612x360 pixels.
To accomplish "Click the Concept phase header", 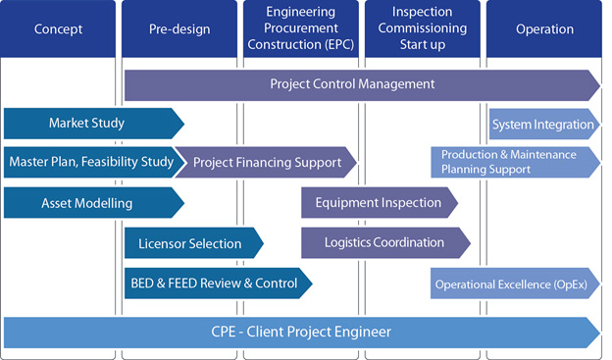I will [59, 29].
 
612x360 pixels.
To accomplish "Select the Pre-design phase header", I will [179, 29].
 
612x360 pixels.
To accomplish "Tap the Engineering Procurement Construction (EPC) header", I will [300, 29].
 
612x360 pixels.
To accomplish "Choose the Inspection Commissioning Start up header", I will [422, 29].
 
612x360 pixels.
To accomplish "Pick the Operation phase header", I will [543, 29].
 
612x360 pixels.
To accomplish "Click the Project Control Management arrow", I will [353, 84].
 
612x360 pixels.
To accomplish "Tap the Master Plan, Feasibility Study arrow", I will [90, 162].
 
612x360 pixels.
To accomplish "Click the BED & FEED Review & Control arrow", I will [214, 283].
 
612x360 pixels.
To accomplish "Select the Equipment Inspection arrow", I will [378, 203].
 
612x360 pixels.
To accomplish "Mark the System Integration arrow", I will [542, 124].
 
